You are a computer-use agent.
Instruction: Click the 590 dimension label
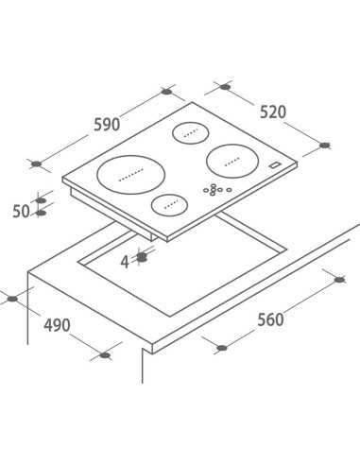coord(107,125)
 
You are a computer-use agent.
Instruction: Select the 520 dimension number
coord(273,112)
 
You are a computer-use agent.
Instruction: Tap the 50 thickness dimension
coord(21,211)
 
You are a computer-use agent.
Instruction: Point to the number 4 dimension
coord(125,262)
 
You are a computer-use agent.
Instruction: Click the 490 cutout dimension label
coord(57,325)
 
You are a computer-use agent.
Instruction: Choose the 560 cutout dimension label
coord(270,319)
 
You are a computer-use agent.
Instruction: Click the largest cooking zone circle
coord(131,175)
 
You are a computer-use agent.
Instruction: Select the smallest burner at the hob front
coord(170,204)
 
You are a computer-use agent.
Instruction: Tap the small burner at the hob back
coord(191,133)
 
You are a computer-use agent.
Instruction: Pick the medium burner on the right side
coord(232,161)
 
